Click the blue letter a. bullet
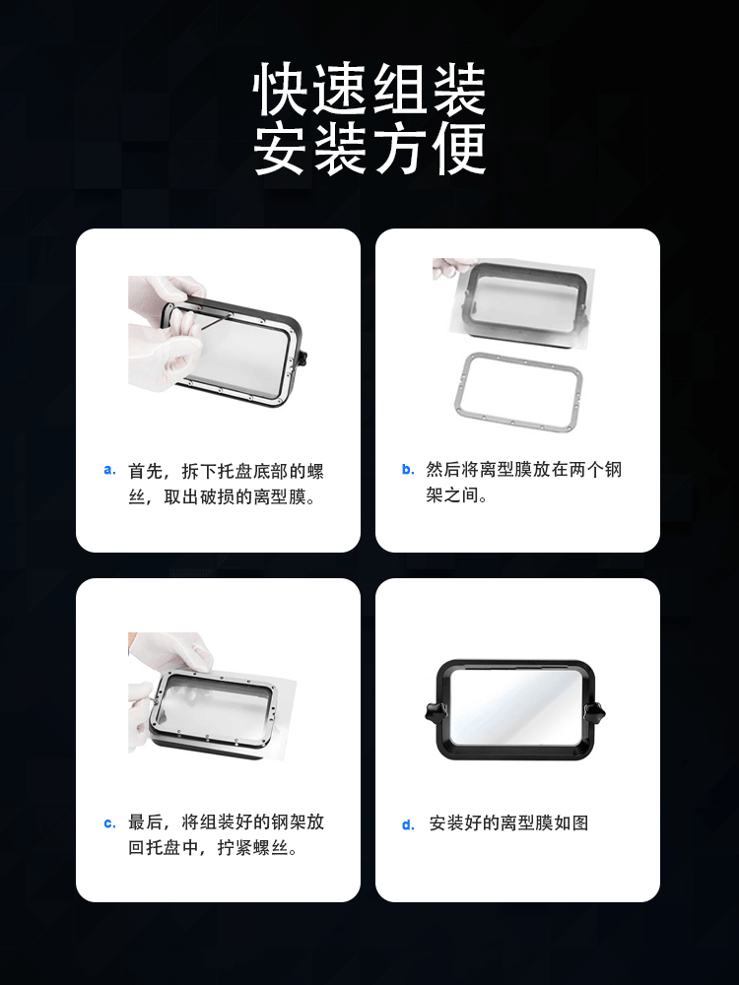(110, 470)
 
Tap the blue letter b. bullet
(409, 469)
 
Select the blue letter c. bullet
(110, 822)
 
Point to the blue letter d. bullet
(409, 824)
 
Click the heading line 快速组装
(369, 90)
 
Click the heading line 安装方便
(369, 149)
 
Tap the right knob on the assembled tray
(594, 712)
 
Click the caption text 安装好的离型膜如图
(508, 822)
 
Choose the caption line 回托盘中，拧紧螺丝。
(213, 847)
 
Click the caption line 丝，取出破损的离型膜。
(222, 496)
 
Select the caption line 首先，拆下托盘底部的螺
(226, 471)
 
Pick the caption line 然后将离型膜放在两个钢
(523, 469)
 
